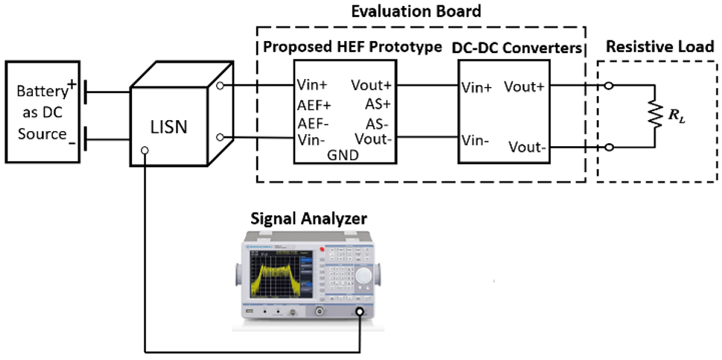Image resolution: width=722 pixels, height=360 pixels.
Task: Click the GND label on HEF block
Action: click(x=343, y=155)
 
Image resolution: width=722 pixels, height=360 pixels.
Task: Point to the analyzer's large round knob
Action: click(x=364, y=277)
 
